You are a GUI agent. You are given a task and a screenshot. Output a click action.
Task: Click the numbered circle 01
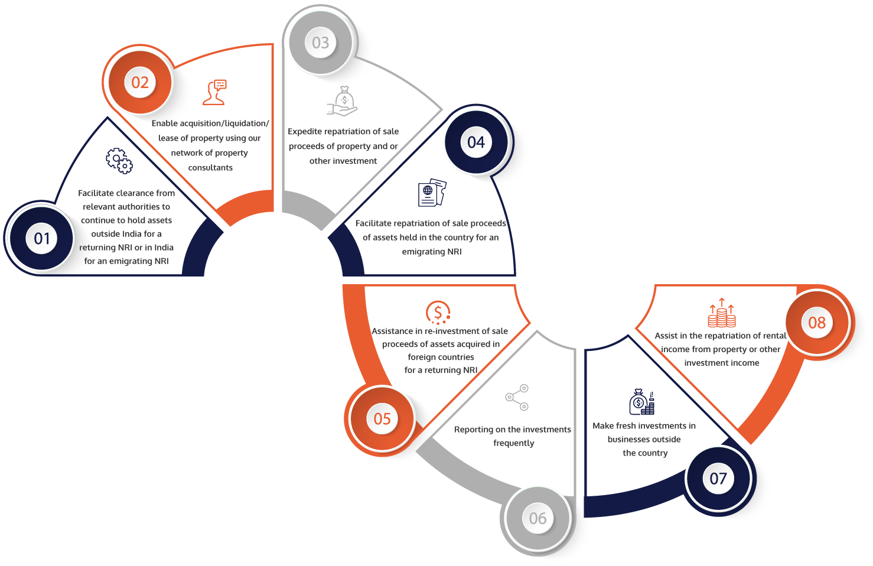click(41, 238)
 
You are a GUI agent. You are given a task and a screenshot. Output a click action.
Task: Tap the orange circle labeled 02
click(140, 82)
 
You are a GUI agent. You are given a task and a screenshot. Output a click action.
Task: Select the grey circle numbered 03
click(321, 43)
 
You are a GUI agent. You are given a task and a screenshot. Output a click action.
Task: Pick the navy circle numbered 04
click(476, 142)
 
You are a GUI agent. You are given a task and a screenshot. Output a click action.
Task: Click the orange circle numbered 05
click(382, 418)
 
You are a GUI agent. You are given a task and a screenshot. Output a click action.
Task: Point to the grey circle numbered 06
click(538, 518)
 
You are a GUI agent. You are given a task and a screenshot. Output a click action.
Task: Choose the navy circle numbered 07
click(718, 478)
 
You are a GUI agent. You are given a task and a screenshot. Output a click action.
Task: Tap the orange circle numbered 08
click(817, 323)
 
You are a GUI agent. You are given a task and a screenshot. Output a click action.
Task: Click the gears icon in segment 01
click(119, 161)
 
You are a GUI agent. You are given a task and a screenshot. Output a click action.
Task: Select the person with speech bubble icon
click(215, 93)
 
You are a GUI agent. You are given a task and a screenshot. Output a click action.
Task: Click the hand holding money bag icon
click(343, 101)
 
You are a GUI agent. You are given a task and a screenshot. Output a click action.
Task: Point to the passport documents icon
click(432, 193)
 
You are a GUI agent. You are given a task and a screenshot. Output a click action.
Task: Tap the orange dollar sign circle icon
click(438, 313)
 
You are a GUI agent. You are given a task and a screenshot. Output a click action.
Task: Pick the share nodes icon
click(517, 397)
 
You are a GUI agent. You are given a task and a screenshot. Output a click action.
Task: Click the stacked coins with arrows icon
click(722, 313)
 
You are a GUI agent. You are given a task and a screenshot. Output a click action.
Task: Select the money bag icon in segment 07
click(641, 402)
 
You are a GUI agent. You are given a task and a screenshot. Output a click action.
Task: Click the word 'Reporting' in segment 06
click(473, 430)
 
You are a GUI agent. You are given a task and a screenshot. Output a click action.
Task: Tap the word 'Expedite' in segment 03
click(305, 132)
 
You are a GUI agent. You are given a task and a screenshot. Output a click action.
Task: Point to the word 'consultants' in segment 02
click(210, 168)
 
